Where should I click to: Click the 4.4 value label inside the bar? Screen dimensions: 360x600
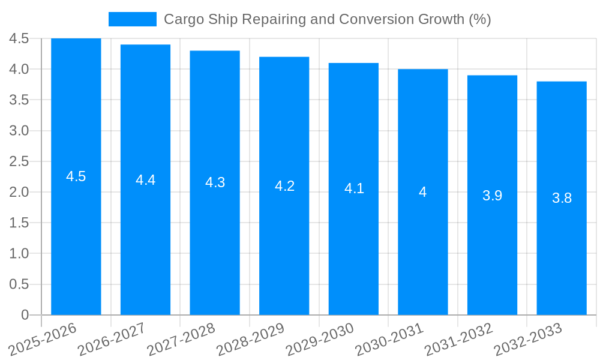(x=146, y=180)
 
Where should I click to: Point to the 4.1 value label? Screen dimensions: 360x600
(x=354, y=188)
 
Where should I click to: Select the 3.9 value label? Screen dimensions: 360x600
(x=492, y=196)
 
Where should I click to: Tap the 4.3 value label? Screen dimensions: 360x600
(x=215, y=183)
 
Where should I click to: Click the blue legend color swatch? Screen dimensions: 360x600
(x=132, y=19)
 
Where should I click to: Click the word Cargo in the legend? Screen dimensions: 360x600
(x=182, y=19)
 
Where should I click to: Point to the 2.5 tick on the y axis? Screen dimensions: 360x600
(x=19, y=161)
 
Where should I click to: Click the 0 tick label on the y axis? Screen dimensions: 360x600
(x=25, y=315)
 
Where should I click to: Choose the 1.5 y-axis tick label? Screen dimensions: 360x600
(x=19, y=223)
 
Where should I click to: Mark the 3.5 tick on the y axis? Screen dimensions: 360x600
(x=19, y=100)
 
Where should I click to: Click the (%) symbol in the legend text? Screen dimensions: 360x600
(x=479, y=19)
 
